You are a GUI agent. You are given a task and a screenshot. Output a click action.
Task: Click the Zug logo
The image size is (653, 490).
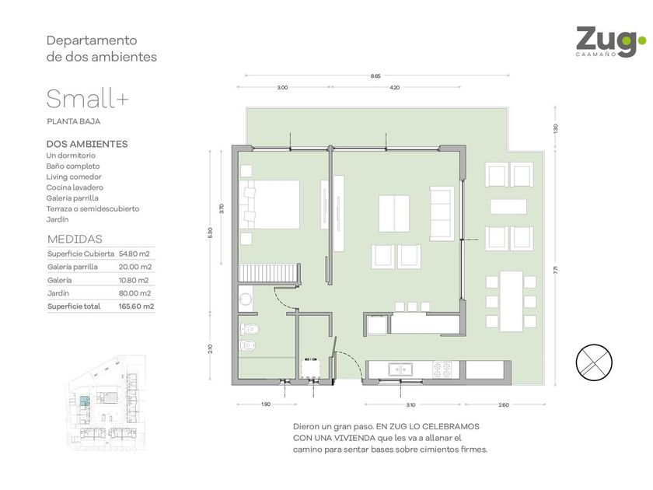coord(611,42)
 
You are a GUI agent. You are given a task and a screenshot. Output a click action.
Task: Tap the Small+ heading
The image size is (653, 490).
coord(87,99)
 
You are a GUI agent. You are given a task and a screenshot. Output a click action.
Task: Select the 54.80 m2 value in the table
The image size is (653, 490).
coord(134,254)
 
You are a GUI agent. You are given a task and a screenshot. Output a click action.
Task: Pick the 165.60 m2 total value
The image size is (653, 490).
coord(136,306)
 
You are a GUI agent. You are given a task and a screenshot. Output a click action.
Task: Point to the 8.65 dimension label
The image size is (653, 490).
coord(375,76)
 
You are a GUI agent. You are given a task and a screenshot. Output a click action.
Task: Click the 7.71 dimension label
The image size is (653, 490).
coord(555,270)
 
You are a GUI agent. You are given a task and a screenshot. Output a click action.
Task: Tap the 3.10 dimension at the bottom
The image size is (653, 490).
coord(410,404)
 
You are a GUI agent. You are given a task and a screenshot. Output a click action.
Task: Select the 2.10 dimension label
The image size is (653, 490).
coord(211,348)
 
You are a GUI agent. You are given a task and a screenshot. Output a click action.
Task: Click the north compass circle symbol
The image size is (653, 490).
coord(594,362)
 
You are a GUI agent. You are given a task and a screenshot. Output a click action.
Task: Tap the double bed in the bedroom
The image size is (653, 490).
coord(270,204)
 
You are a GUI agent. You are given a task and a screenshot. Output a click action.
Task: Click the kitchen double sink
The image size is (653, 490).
coord(400,369)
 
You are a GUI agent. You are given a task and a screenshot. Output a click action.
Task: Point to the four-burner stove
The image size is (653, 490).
coord(442,369)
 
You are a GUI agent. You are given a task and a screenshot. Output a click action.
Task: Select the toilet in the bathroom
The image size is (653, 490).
coord(250,330)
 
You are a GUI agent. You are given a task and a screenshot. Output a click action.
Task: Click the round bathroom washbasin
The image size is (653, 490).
coord(246,299)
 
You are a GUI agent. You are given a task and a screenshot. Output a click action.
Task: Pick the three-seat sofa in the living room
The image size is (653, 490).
coord(442,214)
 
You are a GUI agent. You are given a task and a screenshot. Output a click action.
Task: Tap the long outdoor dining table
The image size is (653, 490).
coord(511,301)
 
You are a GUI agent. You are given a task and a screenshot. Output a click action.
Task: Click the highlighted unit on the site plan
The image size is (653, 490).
coord(85,401)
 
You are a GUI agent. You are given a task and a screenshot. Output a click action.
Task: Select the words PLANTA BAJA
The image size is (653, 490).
coord(74,121)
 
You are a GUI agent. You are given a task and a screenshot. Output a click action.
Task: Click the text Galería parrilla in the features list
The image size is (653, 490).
coord(72,198)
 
